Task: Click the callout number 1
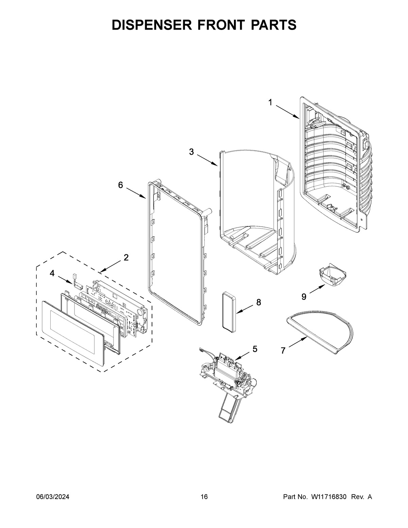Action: point(270,102)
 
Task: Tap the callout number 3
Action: point(192,152)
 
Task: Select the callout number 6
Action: point(120,185)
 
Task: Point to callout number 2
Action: point(126,258)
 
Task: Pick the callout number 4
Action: point(52,273)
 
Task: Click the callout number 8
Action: point(259,302)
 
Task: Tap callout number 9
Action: point(304,297)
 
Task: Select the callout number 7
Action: point(283,351)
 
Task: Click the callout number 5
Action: point(255,349)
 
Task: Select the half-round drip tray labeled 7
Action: point(323,333)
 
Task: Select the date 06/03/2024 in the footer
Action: point(53,497)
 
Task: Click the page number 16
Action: point(204,497)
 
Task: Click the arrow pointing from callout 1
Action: point(287,112)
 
